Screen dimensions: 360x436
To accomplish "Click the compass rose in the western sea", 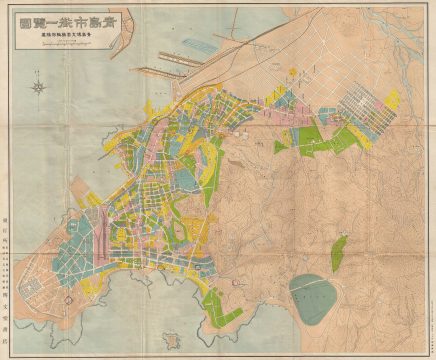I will click(x=39, y=87).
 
